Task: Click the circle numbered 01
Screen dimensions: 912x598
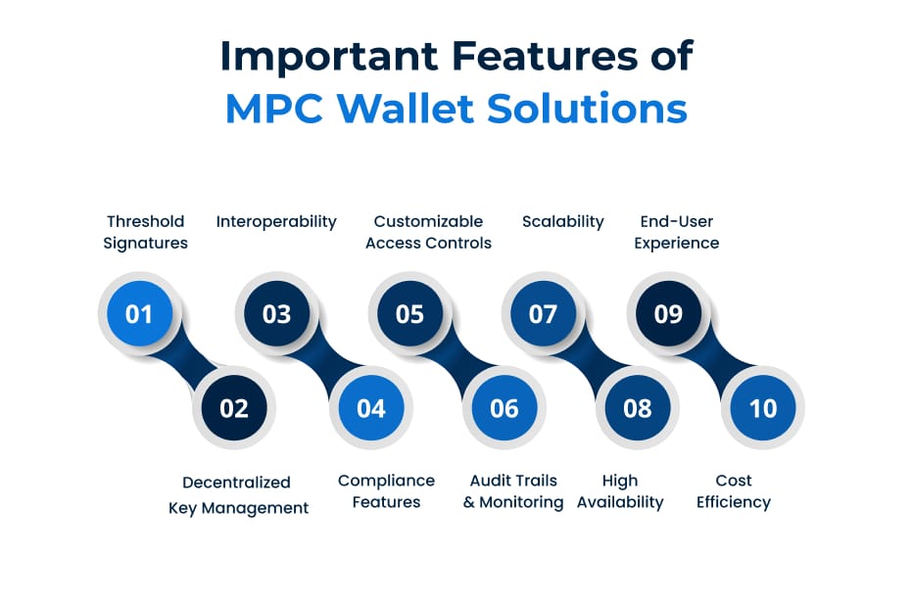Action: click(x=139, y=314)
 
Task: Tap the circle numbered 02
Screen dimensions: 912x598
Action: click(x=234, y=408)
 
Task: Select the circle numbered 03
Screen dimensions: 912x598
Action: click(x=277, y=314)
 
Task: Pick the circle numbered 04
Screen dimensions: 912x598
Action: click(x=371, y=408)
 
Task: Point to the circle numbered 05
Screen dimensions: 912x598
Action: click(x=410, y=314)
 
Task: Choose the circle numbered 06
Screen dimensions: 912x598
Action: click(x=504, y=408)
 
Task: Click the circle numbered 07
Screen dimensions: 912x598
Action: click(x=544, y=314)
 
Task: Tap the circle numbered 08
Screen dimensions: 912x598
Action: click(x=638, y=408)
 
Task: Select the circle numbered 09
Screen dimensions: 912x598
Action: click(x=668, y=314)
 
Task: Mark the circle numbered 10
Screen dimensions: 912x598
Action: click(x=763, y=408)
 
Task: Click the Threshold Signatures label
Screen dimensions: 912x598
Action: click(x=145, y=232)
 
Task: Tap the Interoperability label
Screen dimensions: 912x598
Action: click(x=276, y=222)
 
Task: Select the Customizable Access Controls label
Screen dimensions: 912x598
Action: click(x=429, y=232)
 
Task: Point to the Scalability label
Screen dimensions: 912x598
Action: click(x=563, y=222)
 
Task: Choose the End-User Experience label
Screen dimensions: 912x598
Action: click(x=677, y=232)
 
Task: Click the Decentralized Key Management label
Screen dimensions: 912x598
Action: click(x=238, y=495)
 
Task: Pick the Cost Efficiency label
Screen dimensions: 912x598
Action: click(x=734, y=491)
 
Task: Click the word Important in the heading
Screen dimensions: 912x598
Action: click(x=329, y=57)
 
